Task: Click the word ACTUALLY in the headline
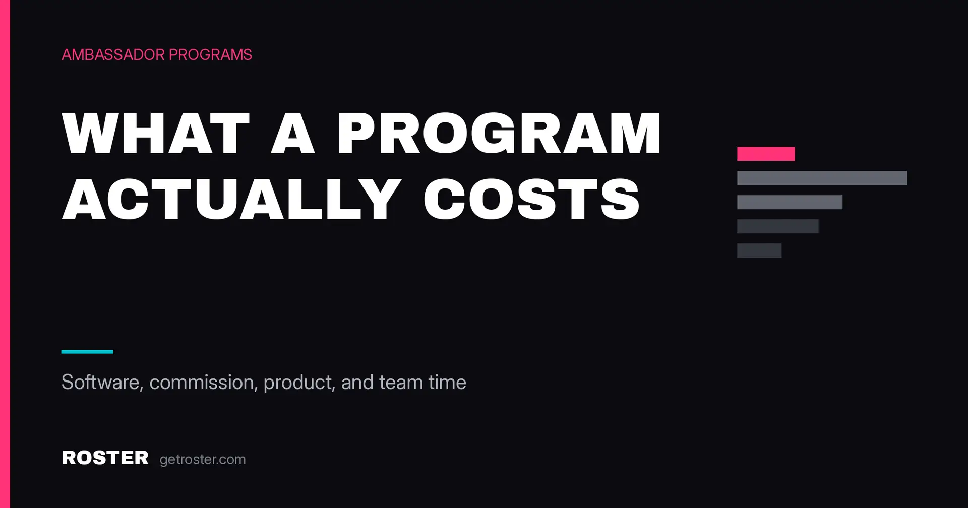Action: click(232, 199)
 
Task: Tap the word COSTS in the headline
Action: click(532, 199)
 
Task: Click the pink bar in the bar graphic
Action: click(766, 154)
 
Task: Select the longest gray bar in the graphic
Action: click(822, 178)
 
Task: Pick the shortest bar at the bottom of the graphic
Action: click(759, 250)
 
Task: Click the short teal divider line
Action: click(87, 352)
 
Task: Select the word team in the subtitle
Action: click(401, 383)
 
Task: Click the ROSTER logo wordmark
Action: click(105, 458)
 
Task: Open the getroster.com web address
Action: click(203, 460)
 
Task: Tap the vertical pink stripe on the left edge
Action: click(5, 254)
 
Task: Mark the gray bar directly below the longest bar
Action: click(790, 202)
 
